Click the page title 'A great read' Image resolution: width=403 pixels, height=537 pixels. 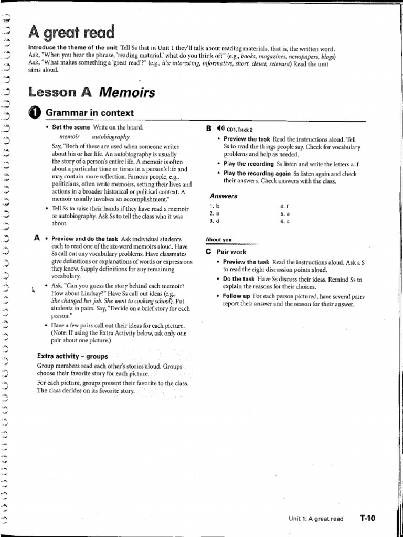pyautogui.click(x=71, y=33)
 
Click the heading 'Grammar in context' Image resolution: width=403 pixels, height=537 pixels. pyautogui.click(x=90, y=113)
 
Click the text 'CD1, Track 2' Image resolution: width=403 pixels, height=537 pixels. pyautogui.click(x=240, y=130)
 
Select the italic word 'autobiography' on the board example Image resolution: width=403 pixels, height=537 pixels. pyautogui.click(x=111, y=136)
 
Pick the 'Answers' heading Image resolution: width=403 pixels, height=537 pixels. pyautogui.click(x=224, y=196)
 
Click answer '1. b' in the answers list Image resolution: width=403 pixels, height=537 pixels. pyautogui.click(x=213, y=206)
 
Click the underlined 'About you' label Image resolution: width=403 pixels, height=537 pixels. pyautogui.click(x=219, y=240)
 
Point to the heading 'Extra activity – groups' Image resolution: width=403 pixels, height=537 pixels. pyautogui.click(x=72, y=356)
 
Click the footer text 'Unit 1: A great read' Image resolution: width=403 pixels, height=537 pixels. pyautogui.click(x=316, y=519)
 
